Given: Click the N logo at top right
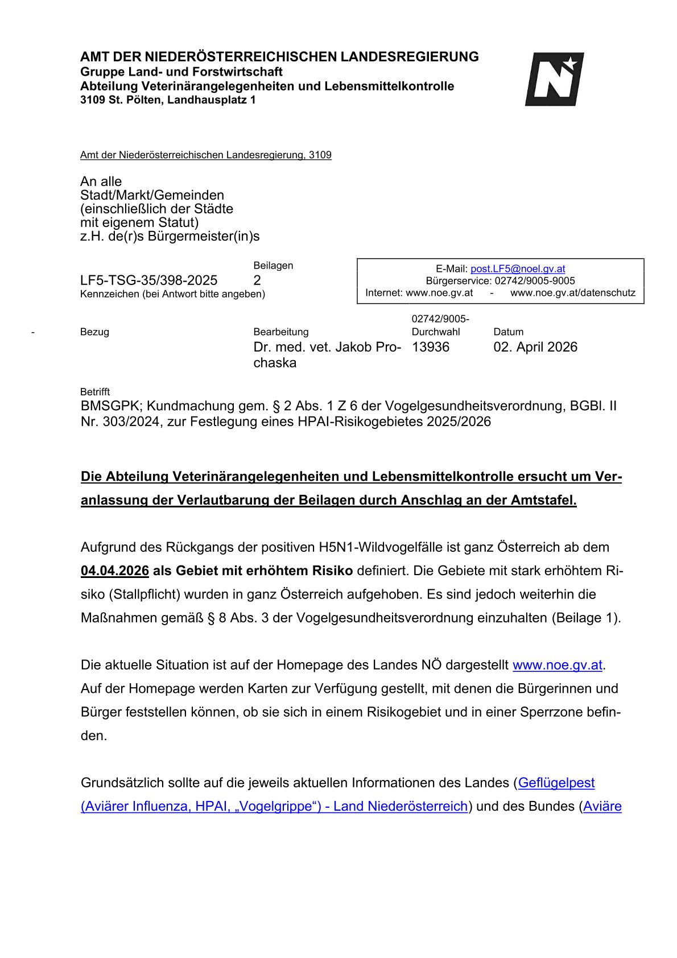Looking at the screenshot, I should [554, 79].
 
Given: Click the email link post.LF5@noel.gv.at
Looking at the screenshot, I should [518, 269].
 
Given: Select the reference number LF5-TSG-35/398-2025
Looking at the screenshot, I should [148, 280].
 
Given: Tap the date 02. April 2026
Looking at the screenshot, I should [535, 347].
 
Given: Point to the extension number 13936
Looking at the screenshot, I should [430, 347].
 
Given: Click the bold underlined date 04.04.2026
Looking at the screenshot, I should [115, 571].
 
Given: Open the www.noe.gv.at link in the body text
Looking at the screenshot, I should [557, 665].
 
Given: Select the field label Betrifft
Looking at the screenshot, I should [94, 392].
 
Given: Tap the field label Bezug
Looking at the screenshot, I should [94, 332].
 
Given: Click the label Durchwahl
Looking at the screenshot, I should [435, 332].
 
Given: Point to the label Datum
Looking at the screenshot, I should [508, 332].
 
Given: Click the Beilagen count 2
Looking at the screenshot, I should [257, 280].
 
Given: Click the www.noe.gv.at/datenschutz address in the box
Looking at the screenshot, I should [572, 292].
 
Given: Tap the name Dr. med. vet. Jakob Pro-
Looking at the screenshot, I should [327, 347].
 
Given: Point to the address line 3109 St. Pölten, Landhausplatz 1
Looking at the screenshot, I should [168, 100].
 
